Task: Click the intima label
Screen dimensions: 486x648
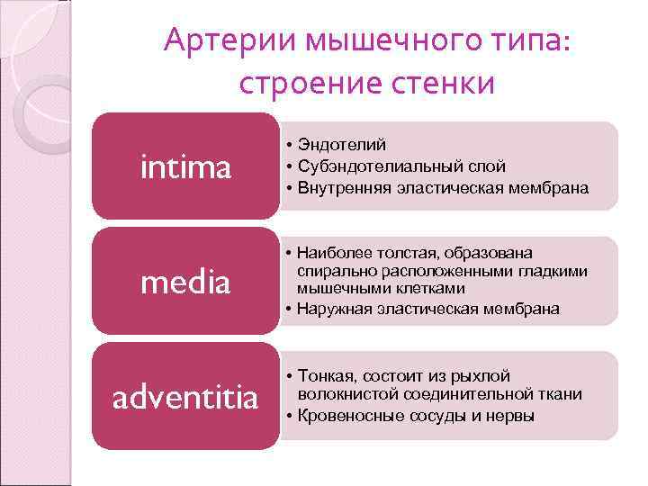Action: point(186,166)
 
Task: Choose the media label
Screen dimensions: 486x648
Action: point(186,283)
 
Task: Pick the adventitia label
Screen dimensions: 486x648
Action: point(184,397)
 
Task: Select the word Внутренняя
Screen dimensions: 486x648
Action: point(338,188)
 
